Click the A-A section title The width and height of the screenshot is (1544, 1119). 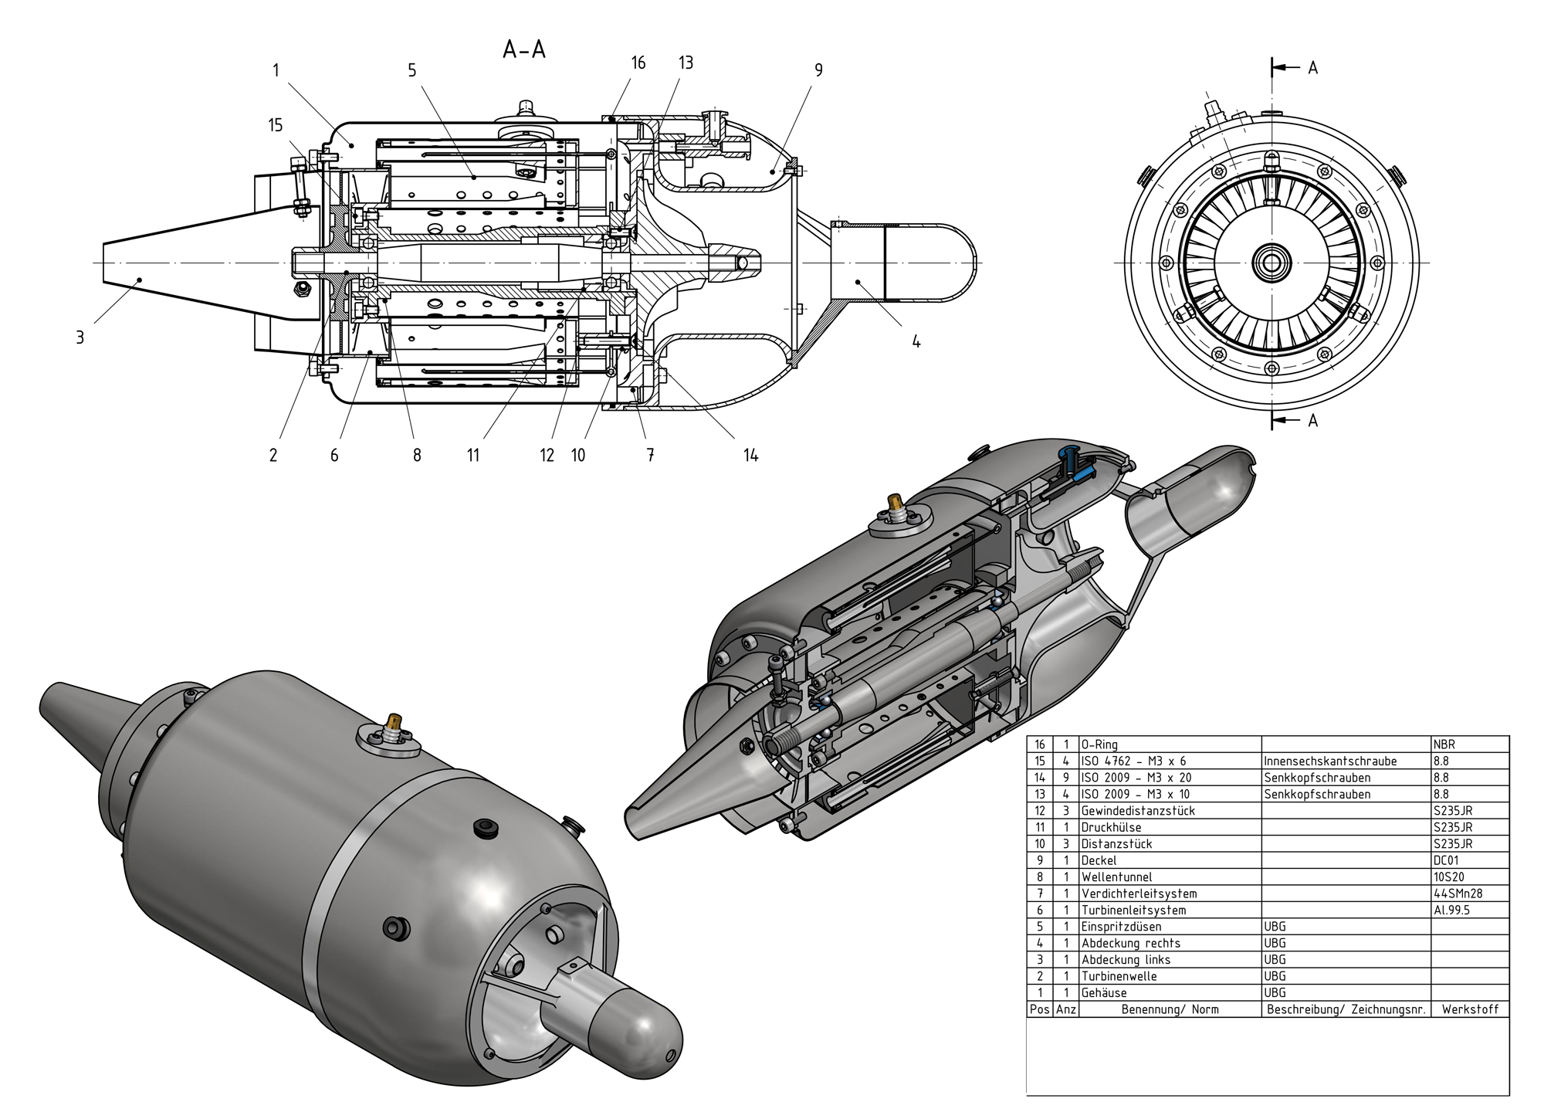point(524,50)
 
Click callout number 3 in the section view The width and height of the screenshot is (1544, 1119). point(80,337)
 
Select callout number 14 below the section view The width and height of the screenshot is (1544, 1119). point(750,456)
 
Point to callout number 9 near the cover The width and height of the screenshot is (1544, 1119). point(818,70)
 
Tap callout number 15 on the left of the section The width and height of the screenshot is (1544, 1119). point(276,125)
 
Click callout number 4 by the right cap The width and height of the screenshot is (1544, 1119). point(916,341)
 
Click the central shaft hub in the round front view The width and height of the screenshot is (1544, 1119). point(1271,263)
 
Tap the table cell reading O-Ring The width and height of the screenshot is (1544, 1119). point(1099,744)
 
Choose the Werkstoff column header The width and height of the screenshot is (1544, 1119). point(1469,1009)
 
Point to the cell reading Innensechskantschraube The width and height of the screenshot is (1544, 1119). point(1330,761)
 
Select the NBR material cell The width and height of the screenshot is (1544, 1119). point(1444,744)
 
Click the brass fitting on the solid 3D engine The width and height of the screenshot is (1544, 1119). point(395,724)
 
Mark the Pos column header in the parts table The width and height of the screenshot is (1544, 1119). point(1039,1009)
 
